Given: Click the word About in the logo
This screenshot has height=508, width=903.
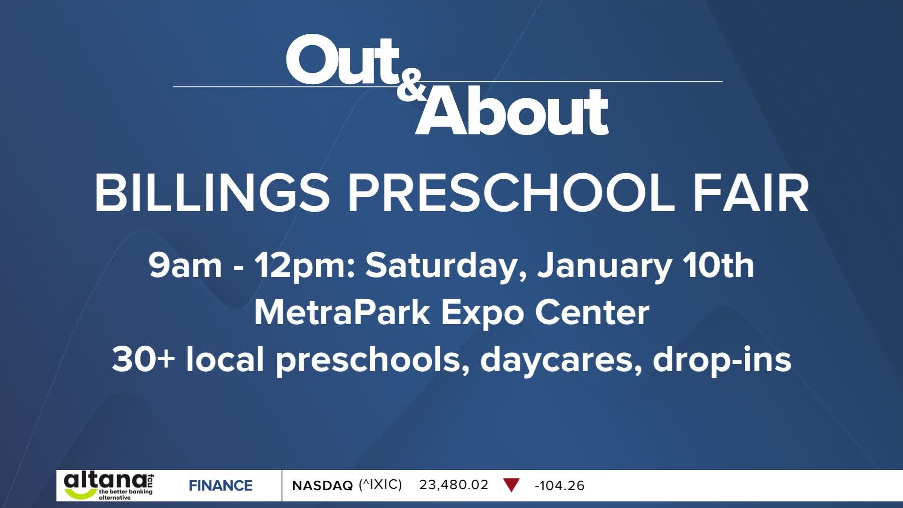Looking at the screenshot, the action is [x=512, y=111].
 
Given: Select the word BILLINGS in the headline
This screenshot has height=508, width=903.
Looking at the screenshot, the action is [x=212, y=193].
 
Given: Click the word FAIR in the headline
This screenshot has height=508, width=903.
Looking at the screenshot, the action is [x=751, y=193].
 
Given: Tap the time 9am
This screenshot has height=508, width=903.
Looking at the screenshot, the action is [x=185, y=266].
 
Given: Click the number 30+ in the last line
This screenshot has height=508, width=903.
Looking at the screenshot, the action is [x=143, y=359].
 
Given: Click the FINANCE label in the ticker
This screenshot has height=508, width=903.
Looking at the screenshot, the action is [x=221, y=485].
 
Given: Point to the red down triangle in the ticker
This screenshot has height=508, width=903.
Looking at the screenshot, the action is [x=511, y=485].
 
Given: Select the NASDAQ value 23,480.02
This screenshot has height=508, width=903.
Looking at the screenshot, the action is [x=454, y=485].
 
